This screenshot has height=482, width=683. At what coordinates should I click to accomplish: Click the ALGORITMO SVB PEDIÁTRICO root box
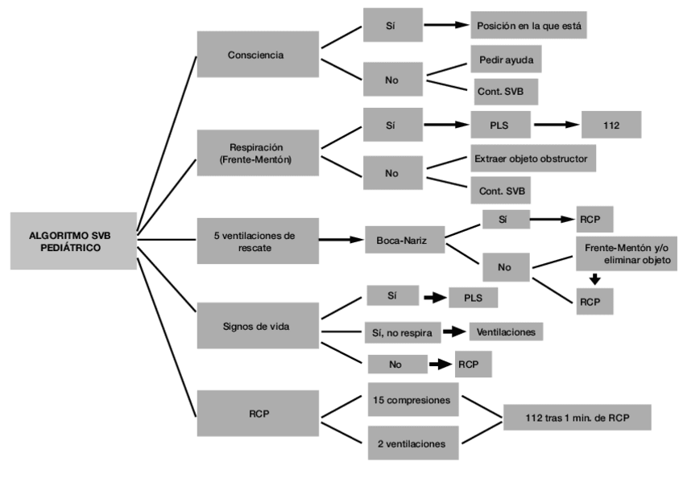pyautogui.click(x=73, y=241)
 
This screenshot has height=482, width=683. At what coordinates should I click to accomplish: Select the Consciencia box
pyautogui.click(x=258, y=55)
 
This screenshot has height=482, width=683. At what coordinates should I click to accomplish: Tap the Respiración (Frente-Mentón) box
pyautogui.click(x=258, y=153)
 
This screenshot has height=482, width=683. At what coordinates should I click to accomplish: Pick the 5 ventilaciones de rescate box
pyautogui.click(x=258, y=241)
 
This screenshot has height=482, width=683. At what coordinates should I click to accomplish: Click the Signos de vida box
pyautogui.click(x=258, y=326)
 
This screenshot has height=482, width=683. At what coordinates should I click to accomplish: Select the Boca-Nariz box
pyautogui.click(x=404, y=240)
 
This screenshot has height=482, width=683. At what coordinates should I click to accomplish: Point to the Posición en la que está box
pyautogui.click(x=528, y=25)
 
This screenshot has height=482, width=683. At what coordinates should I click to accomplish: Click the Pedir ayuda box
pyautogui.click(x=506, y=60)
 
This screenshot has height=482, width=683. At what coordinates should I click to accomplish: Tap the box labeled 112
pyautogui.click(x=611, y=125)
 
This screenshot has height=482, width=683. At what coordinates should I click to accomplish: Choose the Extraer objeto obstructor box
pyautogui.click(x=533, y=159)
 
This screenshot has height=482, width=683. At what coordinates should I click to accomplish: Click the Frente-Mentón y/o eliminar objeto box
pyautogui.click(x=627, y=253)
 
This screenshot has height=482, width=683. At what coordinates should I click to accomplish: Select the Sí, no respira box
pyautogui.click(x=404, y=333)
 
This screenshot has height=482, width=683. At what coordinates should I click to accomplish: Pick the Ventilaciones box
pyautogui.click(x=506, y=332)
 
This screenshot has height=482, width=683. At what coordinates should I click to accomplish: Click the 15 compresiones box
pyautogui.click(x=413, y=400)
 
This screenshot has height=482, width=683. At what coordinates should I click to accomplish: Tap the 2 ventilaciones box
pyautogui.click(x=413, y=443)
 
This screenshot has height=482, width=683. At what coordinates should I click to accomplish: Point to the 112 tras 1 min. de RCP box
pyautogui.click(x=577, y=418)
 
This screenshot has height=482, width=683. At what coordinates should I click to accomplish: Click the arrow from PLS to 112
pyautogui.click(x=557, y=125)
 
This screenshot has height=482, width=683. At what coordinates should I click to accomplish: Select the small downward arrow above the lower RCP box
pyautogui.click(x=595, y=279)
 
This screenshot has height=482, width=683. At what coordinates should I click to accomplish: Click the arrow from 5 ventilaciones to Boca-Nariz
pyautogui.click(x=341, y=239)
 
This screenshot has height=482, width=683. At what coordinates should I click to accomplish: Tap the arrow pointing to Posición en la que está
pyautogui.click(x=446, y=25)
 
